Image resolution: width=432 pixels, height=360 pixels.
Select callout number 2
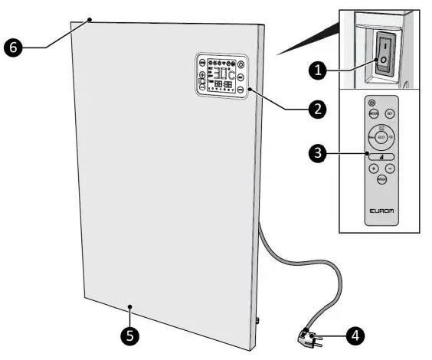[313, 109]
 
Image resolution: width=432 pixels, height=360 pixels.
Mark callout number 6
[11, 47]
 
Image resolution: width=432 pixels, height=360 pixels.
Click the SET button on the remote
[389, 113]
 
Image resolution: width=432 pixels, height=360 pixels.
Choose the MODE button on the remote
[374, 113]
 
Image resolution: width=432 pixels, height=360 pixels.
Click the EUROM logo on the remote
[381, 208]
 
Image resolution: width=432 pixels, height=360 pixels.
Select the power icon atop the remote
[371, 102]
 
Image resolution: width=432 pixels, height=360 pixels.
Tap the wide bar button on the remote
[381, 156]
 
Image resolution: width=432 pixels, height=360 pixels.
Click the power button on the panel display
[241, 64]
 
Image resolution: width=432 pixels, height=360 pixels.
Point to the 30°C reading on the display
[224, 74]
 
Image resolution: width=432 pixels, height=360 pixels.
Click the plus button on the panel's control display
[202, 74]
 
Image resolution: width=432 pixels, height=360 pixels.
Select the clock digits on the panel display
[224, 84]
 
